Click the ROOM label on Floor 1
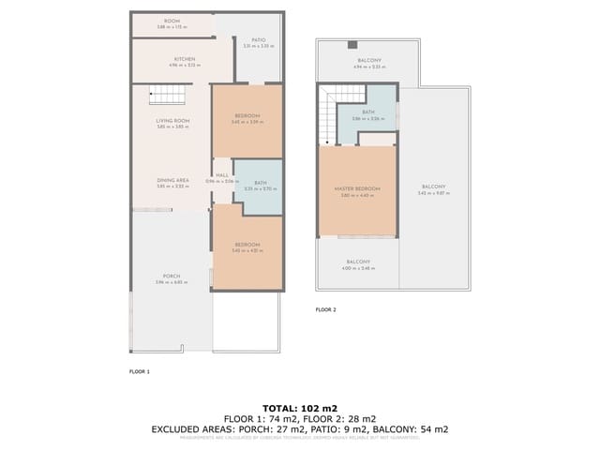pos(172,21)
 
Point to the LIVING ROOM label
pos(172,121)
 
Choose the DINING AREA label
pos(172,180)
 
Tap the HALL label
pos(222,175)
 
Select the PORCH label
pos(172,276)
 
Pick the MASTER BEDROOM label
pos(357,188)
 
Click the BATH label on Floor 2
pos(368,112)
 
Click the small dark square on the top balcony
pos(352,44)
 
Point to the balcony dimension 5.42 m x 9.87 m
pos(433,193)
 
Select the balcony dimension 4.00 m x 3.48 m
pos(358,268)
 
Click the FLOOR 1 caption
pos(139,371)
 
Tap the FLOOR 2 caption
pos(325,309)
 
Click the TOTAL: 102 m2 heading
pos(299,408)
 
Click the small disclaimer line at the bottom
pos(299,438)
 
